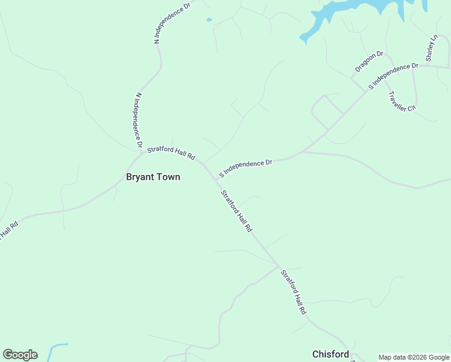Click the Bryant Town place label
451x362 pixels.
[153, 177]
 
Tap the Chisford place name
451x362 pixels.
[330, 354]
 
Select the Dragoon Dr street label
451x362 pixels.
[369, 62]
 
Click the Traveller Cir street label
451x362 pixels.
[403, 101]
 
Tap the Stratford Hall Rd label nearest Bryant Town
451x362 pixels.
[171, 153]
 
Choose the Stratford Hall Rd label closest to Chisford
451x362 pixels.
[294, 293]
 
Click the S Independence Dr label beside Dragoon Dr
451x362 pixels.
[393, 76]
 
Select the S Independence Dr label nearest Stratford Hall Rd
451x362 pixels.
[246, 168]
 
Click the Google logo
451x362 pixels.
[20, 355]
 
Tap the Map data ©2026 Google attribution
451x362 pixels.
[414, 357]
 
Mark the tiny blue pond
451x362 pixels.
[209, 20]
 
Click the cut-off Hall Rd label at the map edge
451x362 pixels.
[8, 230]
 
